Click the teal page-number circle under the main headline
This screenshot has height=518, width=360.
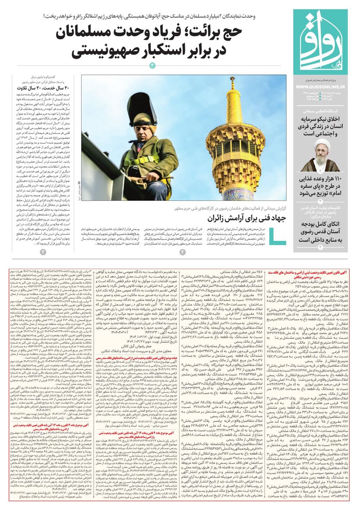click(152, 65)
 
